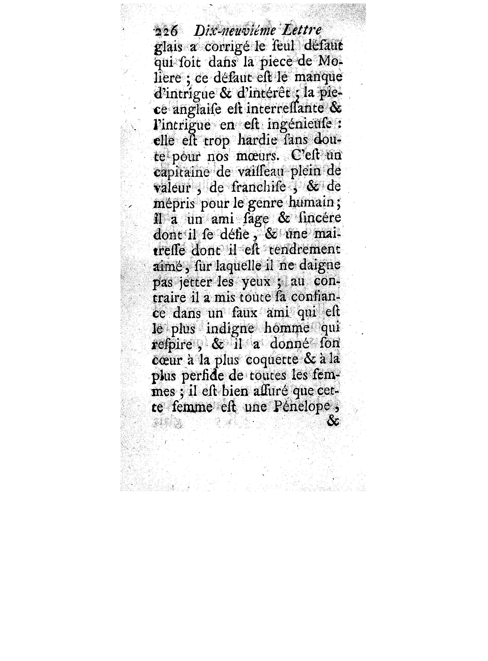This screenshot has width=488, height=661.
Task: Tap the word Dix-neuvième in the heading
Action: point(235,31)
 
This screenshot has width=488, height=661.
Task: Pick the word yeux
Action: point(256,282)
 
